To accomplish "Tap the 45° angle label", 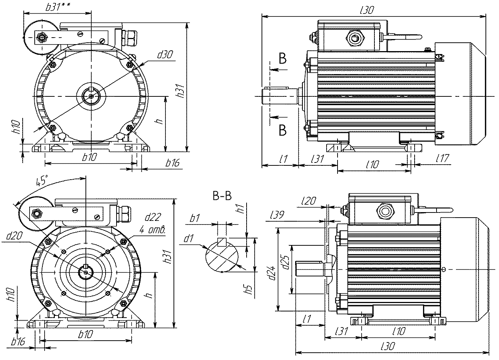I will (42, 180).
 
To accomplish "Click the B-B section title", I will (222, 196).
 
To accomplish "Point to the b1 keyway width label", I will (195, 218).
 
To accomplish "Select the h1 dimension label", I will (240, 210).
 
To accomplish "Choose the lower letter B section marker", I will (283, 130).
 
